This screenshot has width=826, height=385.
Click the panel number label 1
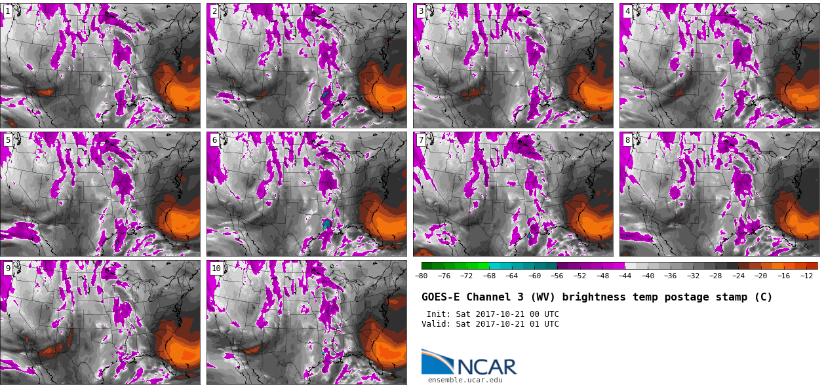click(7, 11)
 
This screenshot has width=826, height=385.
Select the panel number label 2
click(214, 11)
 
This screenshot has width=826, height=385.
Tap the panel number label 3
click(421, 11)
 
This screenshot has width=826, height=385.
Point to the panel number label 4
click(627, 11)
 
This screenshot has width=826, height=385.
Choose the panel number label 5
click(7, 139)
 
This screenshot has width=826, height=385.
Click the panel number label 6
click(214, 139)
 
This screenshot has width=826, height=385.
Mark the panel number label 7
click(421, 139)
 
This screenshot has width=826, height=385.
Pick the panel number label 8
click(627, 139)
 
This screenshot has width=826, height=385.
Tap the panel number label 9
click(7, 268)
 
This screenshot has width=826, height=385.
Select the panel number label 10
click(216, 268)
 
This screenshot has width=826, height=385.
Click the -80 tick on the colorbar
click(421, 276)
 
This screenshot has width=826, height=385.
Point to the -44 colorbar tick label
click(625, 276)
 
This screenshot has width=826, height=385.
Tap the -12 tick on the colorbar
click(806, 276)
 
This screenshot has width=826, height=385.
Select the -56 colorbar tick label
click(557, 276)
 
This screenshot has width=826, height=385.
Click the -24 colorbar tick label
click(738, 276)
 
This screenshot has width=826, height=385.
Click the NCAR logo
click(469, 362)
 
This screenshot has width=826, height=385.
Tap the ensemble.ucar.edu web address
click(465, 380)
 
